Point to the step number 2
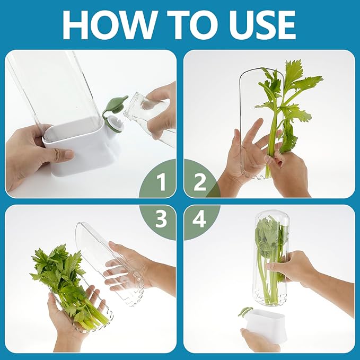[x=200, y=183]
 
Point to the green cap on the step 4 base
[x=244, y=312]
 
